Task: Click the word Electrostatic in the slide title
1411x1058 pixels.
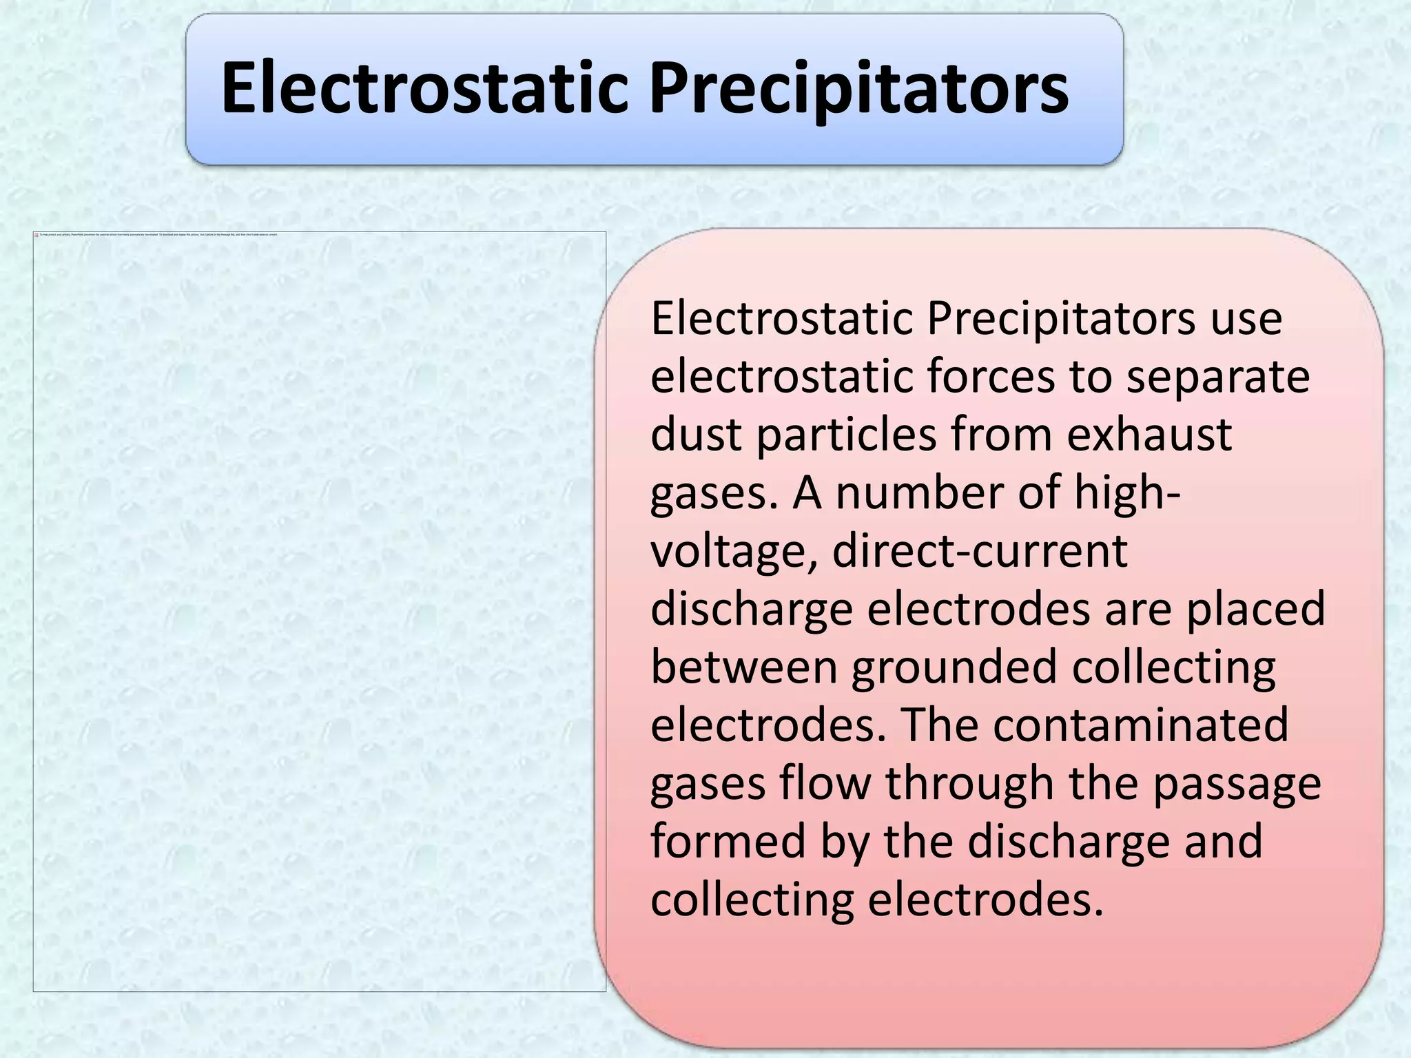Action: tap(424, 88)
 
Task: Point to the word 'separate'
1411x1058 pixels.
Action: tap(1217, 378)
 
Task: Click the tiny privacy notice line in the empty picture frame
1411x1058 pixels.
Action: tap(158, 235)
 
